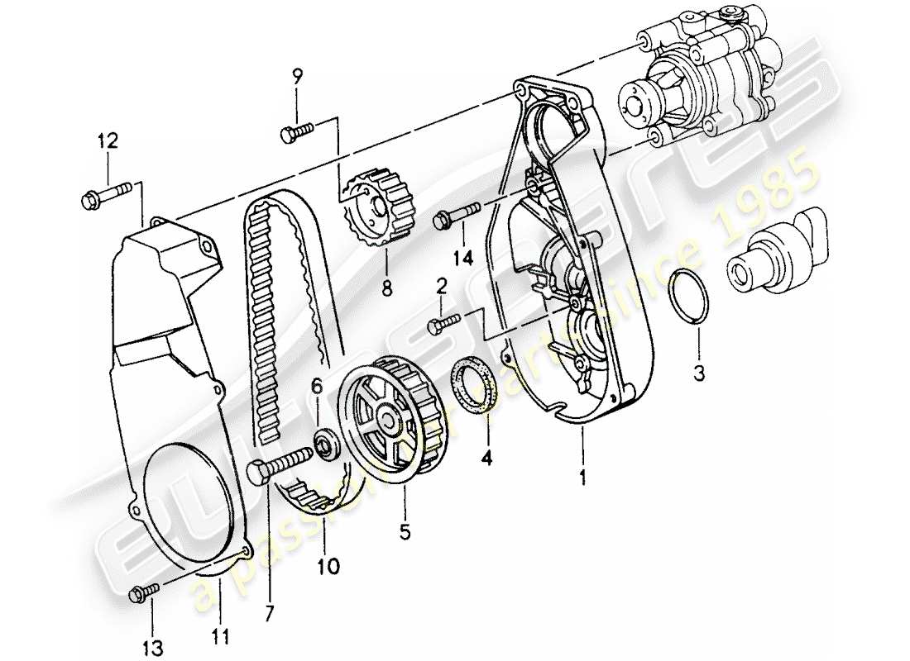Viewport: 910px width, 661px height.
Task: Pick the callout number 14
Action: click(x=462, y=259)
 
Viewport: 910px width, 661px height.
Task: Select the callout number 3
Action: click(x=700, y=374)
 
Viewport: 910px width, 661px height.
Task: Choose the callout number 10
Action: click(x=326, y=566)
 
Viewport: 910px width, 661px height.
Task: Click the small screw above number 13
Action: click(x=144, y=591)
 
